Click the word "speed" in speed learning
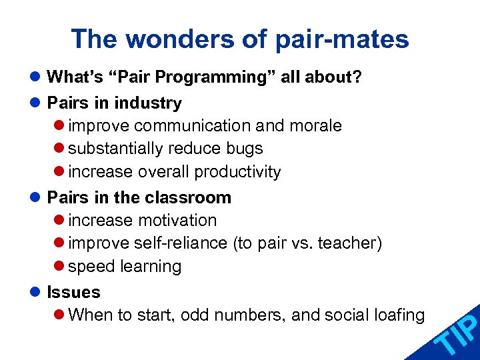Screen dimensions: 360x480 pyautogui.click(x=91, y=267)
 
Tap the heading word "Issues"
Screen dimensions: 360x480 pyautogui.click(x=73, y=293)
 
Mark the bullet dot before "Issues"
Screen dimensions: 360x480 pyautogui.click(x=35, y=293)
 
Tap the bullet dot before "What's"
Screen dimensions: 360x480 pyautogui.click(x=35, y=77)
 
